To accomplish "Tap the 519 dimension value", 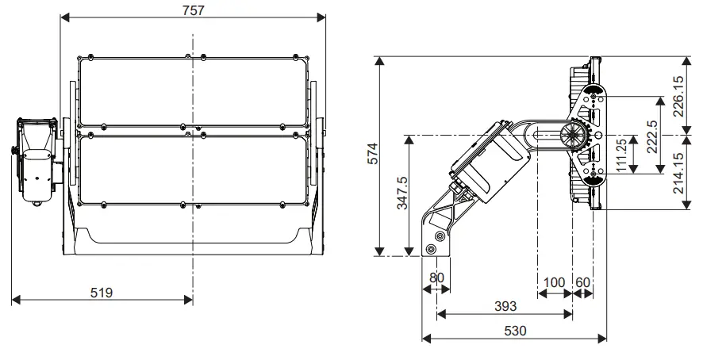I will pos(101,292).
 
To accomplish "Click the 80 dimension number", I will pos(436,278).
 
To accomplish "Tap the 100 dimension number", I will pos(555,282).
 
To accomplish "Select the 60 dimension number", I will pos(582,282).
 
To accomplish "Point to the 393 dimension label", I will pos(505,306).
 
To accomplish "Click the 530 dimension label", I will pos(514,330).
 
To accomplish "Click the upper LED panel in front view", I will pos(192,89).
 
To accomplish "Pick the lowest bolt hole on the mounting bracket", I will pos(431,248).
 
